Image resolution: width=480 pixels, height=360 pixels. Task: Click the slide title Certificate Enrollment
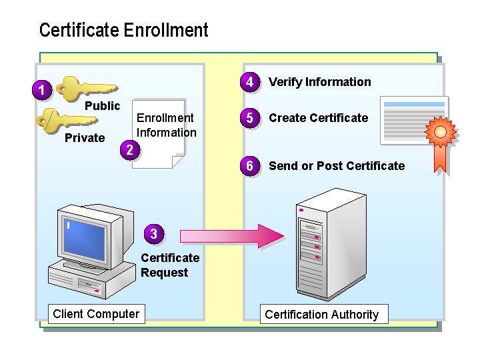[x=123, y=31]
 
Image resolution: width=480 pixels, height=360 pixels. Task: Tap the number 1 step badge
[x=41, y=89]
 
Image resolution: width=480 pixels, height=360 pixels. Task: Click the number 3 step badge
[x=154, y=233]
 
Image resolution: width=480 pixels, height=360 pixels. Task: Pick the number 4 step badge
[x=249, y=82]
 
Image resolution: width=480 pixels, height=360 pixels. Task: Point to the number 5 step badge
[x=249, y=118]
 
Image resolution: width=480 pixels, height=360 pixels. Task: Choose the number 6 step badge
[x=249, y=166]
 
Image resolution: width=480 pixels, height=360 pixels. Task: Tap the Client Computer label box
[x=96, y=314]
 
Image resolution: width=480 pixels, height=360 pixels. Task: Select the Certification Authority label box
[x=321, y=315]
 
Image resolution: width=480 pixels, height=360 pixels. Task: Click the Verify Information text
[x=319, y=82]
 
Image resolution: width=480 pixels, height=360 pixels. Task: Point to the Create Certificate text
[x=318, y=118]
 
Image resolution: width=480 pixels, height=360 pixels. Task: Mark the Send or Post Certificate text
[x=336, y=166]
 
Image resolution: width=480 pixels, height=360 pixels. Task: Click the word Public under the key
[x=102, y=106]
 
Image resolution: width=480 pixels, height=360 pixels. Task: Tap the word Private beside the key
[x=85, y=138]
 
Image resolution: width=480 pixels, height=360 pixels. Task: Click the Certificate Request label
[x=169, y=265]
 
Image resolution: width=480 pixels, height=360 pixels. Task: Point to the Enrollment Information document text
[x=166, y=125]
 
